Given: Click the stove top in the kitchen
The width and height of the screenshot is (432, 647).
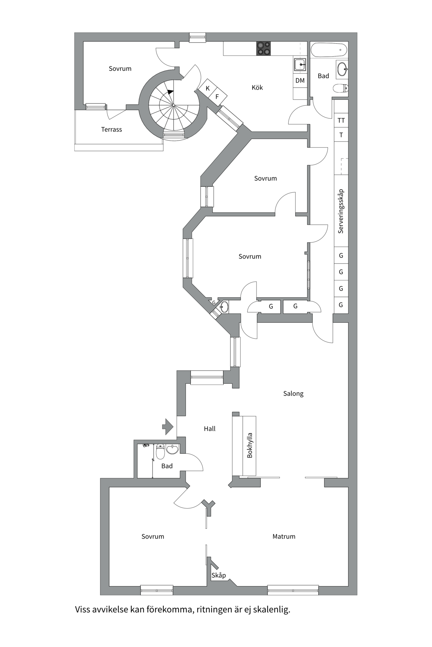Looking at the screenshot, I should coord(263,48).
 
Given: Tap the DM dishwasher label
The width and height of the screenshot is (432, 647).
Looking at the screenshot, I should coord(300,81).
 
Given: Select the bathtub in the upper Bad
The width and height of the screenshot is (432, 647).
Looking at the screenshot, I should coord(329,50).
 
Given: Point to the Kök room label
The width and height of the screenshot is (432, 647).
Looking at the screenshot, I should coord(257,88).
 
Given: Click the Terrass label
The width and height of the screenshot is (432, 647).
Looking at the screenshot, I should coord(111,129).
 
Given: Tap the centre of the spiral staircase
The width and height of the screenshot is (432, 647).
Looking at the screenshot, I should coord(173,105).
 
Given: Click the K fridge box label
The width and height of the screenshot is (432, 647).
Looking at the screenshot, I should coord(208,88).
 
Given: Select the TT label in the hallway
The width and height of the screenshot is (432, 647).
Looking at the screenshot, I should coord(341,120).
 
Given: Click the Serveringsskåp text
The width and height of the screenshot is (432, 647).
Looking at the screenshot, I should coord(341,211).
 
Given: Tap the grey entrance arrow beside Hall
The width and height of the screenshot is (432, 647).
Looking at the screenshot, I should coord(168,427).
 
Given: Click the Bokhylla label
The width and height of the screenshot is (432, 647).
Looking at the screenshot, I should coord(250,445).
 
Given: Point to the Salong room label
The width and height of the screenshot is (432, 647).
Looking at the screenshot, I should coord(293,394).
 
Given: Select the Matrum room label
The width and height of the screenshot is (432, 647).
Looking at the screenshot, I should coord(284,536).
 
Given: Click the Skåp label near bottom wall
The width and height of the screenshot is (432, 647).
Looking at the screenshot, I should coord(219,575).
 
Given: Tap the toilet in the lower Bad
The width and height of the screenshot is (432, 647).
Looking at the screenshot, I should coord(160,452).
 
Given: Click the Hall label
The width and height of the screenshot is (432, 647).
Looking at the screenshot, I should coord(210,429).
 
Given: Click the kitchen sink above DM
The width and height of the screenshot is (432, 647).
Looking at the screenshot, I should coord(300,64).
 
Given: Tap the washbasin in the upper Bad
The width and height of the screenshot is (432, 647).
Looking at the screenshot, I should coord(342,70).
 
